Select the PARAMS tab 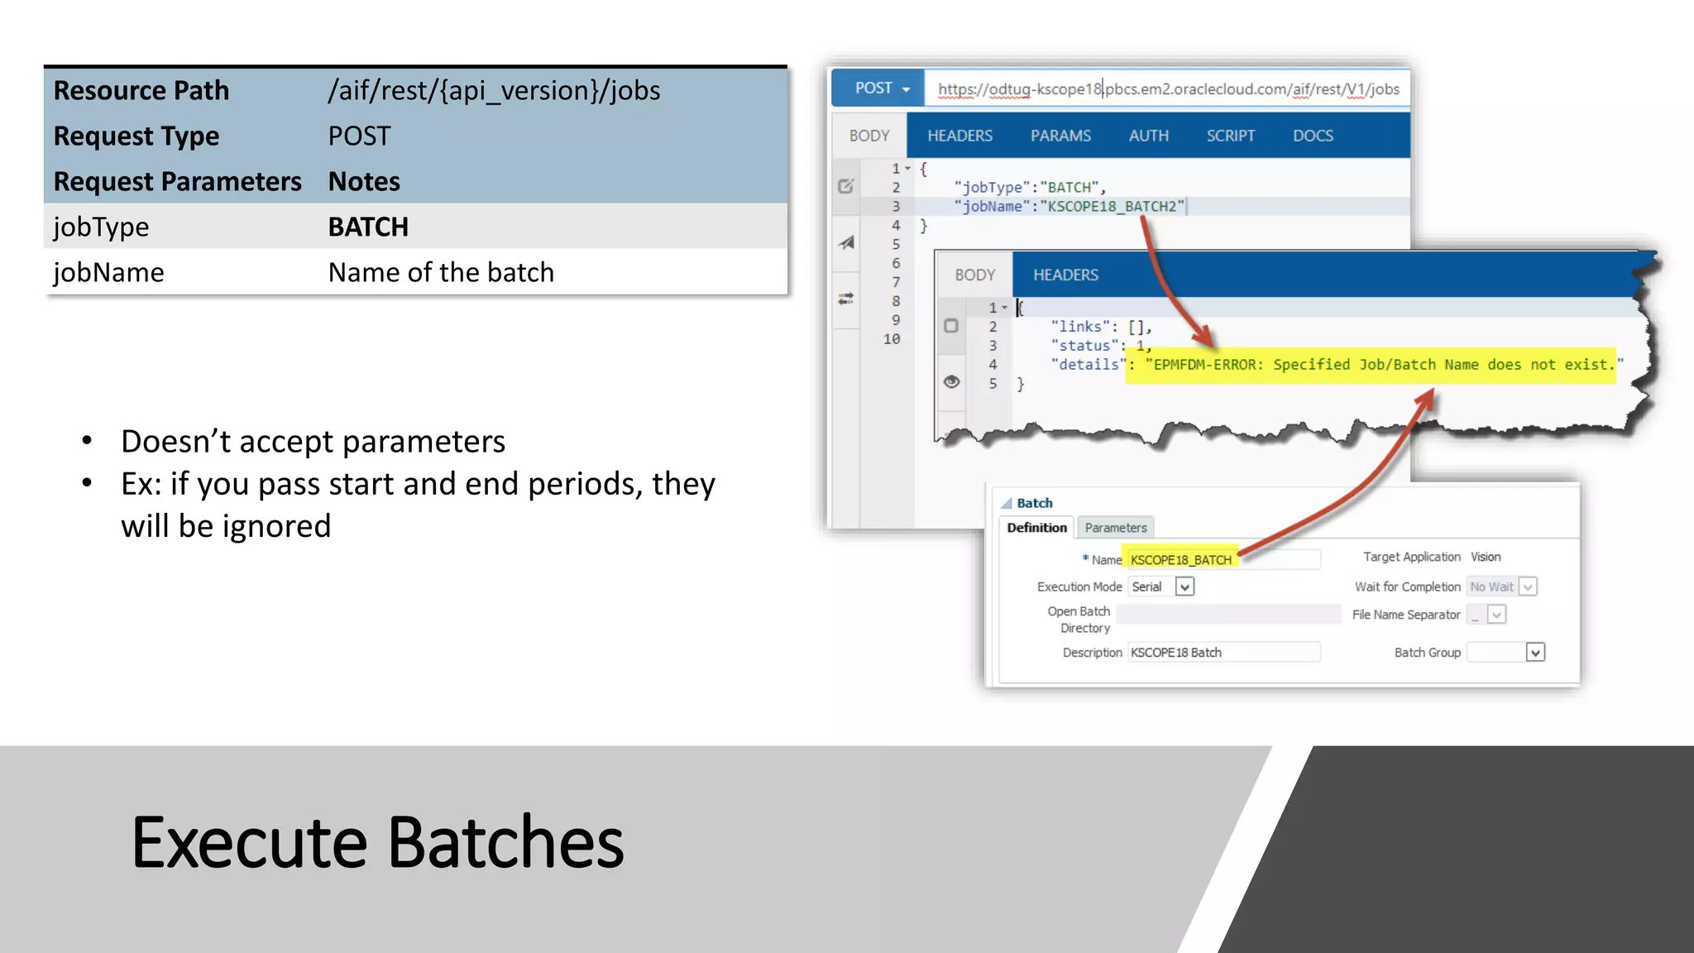pyautogui.click(x=1060, y=136)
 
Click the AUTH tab pyautogui.click(x=1148, y=136)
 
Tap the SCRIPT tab pyautogui.click(x=1230, y=136)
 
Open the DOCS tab pyautogui.click(x=1313, y=136)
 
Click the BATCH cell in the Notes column pyautogui.click(x=368, y=227)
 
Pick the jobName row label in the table pyautogui.click(x=108, y=272)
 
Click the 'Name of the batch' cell pyautogui.click(x=441, y=272)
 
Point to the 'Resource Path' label pyautogui.click(x=141, y=90)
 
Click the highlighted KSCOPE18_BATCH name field pyautogui.click(x=1181, y=560)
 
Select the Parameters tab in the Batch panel pyautogui.click(x=1115, y=528)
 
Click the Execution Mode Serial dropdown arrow pyautogui.click(x=1184, y=587)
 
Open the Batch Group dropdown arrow pyautogui.click(x=1535, y=653)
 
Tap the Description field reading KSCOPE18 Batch pyautogui.click(x=1223, y=653)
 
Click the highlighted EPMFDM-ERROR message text pyautogui.click(x=1373, y=365)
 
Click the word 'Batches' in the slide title pyautogui.click(x=505, y=843)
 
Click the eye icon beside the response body pyautogui.click(x=951, y=381)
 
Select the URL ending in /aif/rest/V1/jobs pyautogui.click(x=1168, y=89)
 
